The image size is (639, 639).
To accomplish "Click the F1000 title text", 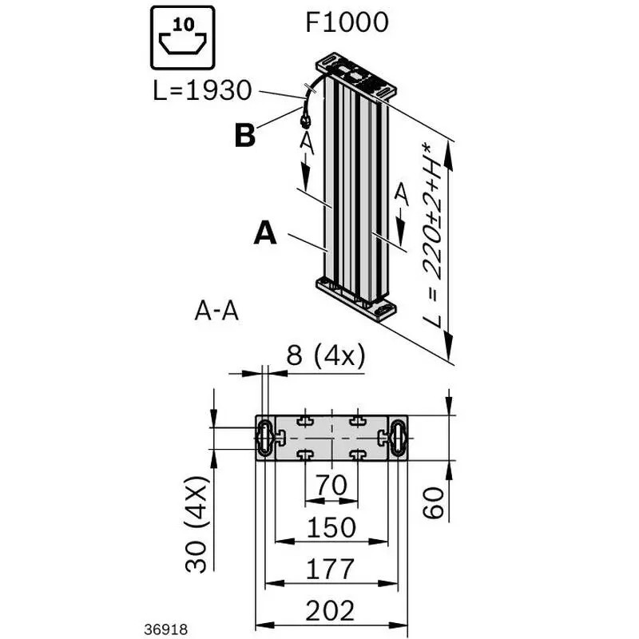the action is pyautogui.click(x=347, y=22).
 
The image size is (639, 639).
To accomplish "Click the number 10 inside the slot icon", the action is pyautogui.click(x=184, y=25).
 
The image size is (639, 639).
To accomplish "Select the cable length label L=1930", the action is pyautogui.click(x=203, y=90).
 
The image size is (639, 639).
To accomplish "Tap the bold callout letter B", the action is pyautogui.click(x=245, y=135).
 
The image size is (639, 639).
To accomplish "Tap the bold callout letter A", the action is pyautogui.click(x=265, y=232).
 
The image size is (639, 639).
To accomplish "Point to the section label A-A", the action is pyautogui.click(x=216, y=312).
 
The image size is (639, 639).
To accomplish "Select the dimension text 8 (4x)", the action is pyautogui.click(x=326, y=355).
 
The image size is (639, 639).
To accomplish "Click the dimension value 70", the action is pyautogui.click(x=331, y=485).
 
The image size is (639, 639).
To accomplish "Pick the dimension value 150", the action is pyautogui.click(x=331, y=527).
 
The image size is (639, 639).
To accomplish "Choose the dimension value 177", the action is pyautogui.click(x=330, y=570).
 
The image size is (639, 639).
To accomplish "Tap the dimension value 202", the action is pyautogui.click(x=330, y=611).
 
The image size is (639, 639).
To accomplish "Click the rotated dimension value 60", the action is pyautogui.click(x=433, y=503).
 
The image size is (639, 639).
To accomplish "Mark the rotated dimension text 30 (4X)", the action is pyautogui.click(x=196, y=524).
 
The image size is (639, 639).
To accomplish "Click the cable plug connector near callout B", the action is pyautogui.click(x=304, y=120).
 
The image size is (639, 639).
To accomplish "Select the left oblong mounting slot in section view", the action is pyautogui.click(x=265, y=438).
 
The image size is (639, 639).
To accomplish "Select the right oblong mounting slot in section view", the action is pyautogui.click(x=398, y=438).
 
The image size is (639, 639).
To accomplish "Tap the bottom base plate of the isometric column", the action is pyautogui.click(x=355, y=301).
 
